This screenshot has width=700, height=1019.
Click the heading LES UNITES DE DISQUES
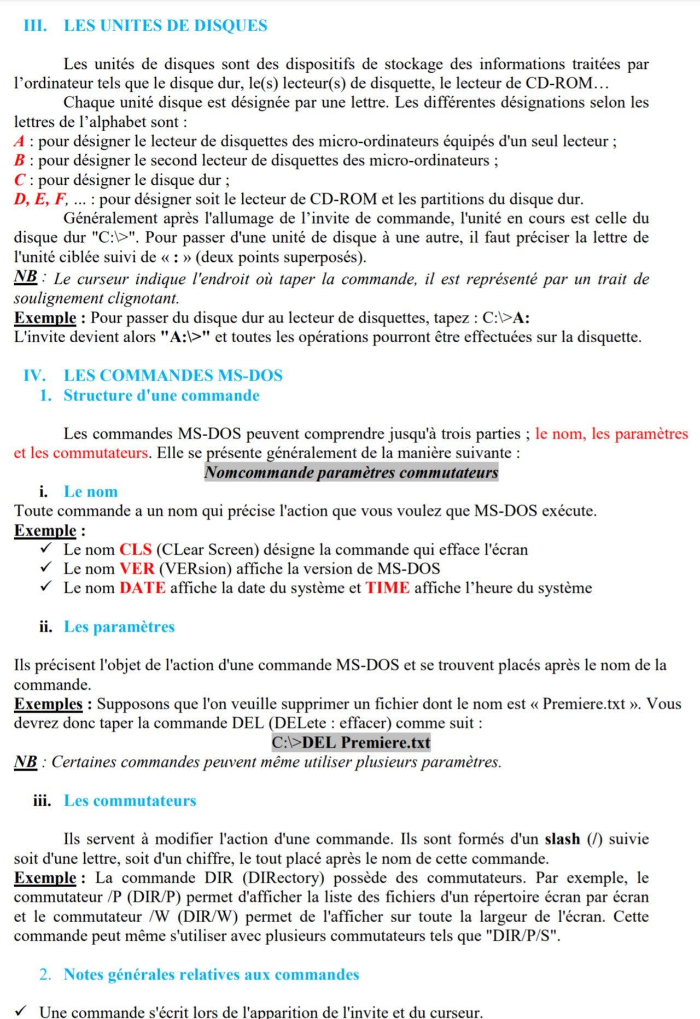pos(165,26)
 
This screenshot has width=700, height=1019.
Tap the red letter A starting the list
pos(19,142)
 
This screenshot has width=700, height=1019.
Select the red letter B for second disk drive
pos(19,161)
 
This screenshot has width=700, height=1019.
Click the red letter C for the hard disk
pos(20,180)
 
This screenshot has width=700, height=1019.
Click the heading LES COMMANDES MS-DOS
pos(173,376)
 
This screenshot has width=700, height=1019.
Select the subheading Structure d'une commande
pos(161,395)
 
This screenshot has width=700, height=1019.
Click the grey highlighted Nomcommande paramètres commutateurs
pos(351,472)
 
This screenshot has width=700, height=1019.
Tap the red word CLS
pos(135,549)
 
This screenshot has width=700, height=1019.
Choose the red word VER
pos(137,569)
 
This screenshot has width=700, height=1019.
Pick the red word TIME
pos(387,588)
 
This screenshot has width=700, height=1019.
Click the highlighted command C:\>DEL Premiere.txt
pos(351,742)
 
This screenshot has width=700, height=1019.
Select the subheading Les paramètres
pos(119,626)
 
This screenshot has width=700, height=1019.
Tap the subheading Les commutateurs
pos(130,800)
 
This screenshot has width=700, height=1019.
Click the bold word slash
pos(562,839)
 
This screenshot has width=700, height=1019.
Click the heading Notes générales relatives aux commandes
pos(211,974)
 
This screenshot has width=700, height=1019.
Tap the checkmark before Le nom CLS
pos(45,548)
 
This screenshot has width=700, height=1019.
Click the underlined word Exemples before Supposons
pos(48,704)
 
